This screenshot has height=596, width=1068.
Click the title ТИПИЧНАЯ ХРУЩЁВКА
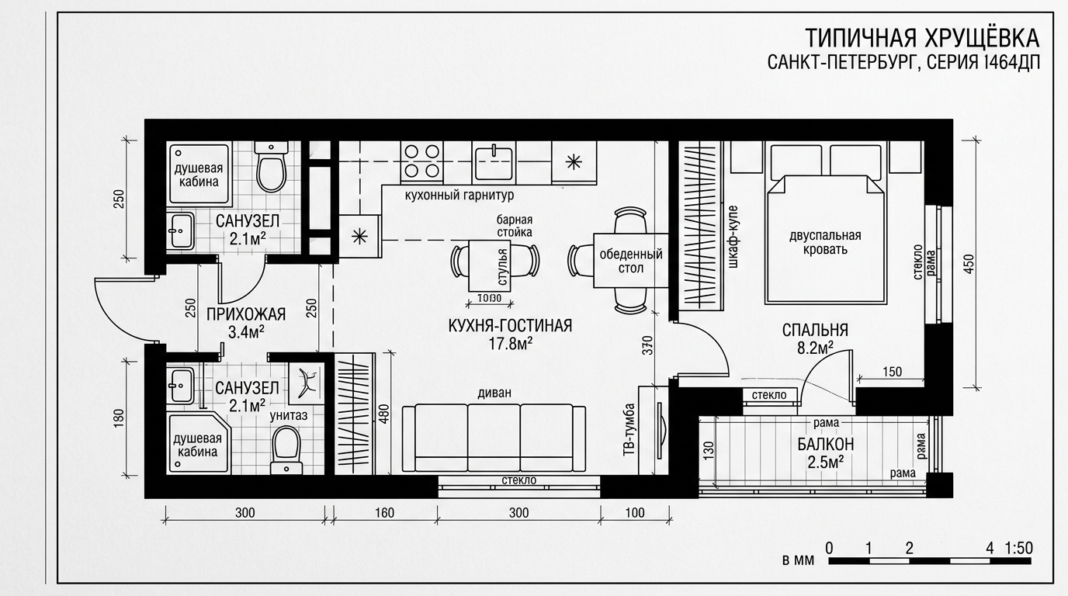(x=922, y=38)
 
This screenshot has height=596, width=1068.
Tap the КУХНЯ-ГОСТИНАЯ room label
(x=510, y=326)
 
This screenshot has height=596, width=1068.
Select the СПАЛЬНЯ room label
(x=815, y=330)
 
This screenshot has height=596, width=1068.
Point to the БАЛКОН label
(x=826, y=445)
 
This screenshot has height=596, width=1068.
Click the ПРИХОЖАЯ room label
(x=246, y=314)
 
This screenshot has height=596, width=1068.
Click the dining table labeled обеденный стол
(x=631, y=260)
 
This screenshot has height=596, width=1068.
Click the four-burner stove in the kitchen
(x=422, y=161)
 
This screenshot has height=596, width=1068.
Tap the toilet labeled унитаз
(x=286, y=449)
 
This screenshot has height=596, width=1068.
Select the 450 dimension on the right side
(x=969, y=264)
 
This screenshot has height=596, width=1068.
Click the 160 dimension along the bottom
(x=384, y=512)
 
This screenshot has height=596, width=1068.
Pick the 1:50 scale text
(x=1018, y=548)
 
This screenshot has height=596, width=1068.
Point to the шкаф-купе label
(x=733, y=236)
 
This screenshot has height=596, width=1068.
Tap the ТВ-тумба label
(x=629, y=430)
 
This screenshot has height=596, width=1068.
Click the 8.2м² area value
(x=815, y=348)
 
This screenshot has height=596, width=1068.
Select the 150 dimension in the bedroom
(x=892, y=372)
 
